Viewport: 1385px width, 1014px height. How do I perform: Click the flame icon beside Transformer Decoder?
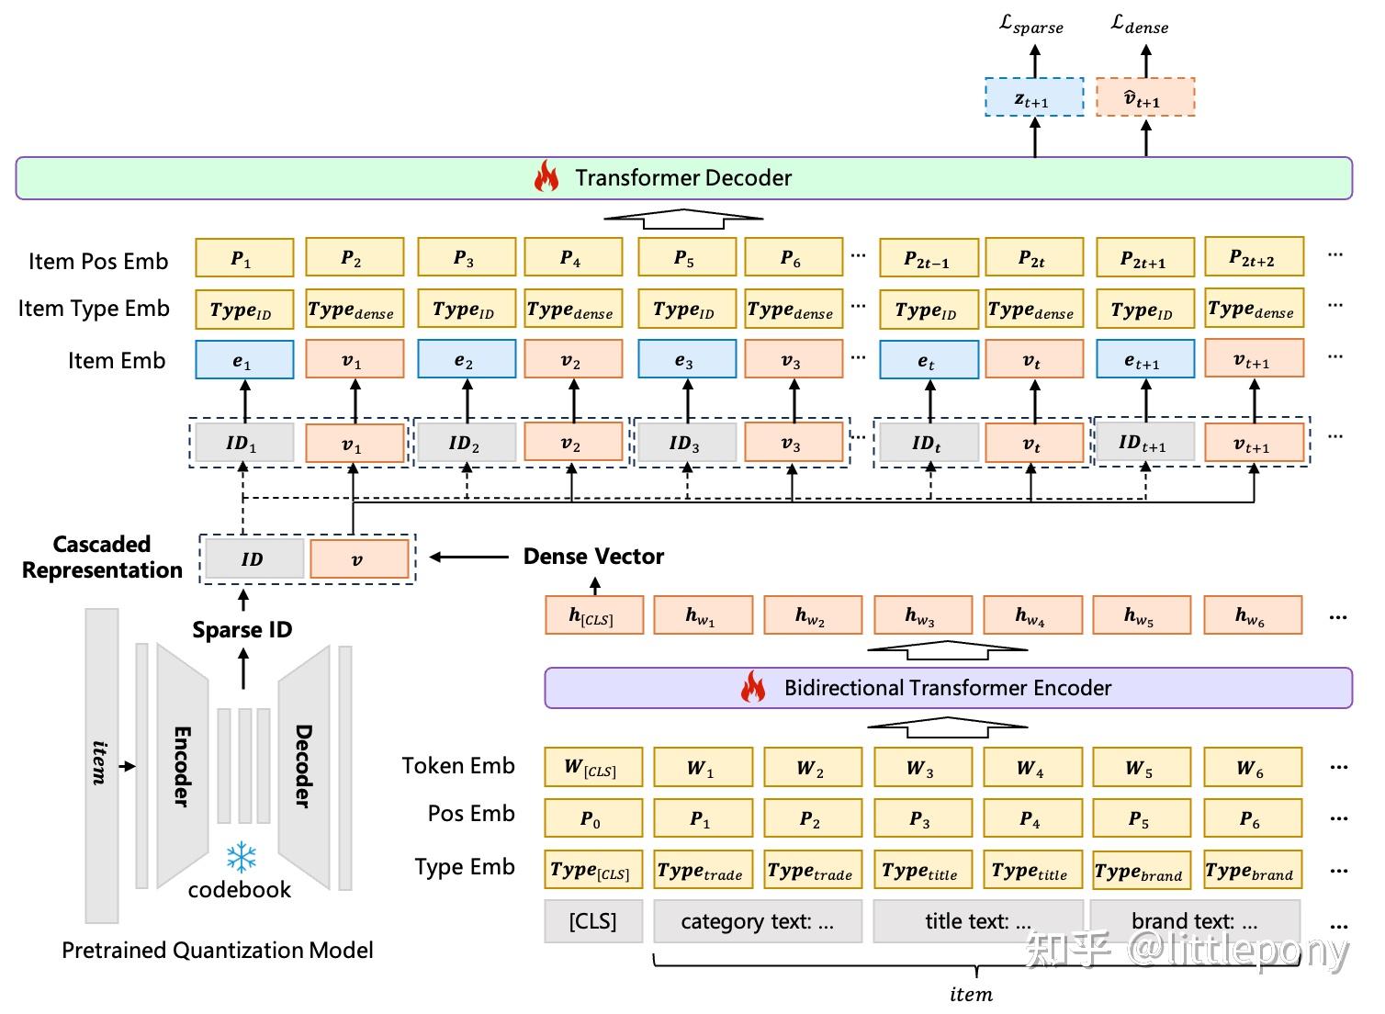point(546,176)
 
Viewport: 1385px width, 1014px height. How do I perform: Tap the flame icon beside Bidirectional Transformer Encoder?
point(753,687)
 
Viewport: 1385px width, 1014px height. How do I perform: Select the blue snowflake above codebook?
point(242,857)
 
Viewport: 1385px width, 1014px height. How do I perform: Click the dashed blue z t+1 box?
point(1034,97)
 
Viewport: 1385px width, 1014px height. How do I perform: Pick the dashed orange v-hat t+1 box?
point(1144,97)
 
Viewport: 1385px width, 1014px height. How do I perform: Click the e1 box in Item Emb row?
point(244,360)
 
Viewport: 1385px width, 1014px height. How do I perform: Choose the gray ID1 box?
point(244,443)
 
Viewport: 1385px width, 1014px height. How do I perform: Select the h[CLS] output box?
point(593,615)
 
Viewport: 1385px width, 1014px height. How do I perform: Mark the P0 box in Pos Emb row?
point(593,818)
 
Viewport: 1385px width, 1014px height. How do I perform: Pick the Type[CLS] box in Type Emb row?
point(593,870)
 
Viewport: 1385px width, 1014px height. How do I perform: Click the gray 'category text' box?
point(758,921)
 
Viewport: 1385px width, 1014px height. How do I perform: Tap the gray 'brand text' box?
point(1195,921)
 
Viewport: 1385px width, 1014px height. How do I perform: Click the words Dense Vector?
point(593,557)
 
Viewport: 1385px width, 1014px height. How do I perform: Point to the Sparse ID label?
point(242,630)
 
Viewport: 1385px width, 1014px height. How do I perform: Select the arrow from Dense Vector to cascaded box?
point(468,557)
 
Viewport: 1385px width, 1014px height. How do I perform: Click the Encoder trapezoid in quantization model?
point(182,766)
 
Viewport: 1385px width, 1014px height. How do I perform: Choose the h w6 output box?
point(1253,615)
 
